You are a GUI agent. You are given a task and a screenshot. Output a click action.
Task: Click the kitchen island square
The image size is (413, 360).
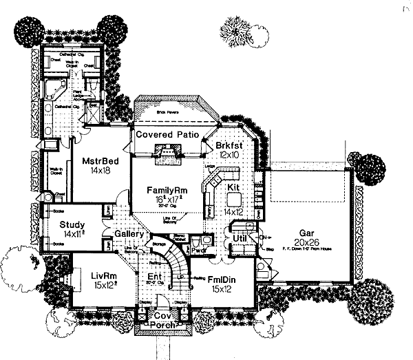point(234,199)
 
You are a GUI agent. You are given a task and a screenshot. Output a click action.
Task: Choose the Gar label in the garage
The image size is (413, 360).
point(307,233)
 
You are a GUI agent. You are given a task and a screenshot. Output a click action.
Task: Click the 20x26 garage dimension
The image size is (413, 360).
point(307,243)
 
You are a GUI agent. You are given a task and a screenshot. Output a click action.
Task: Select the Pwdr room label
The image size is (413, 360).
point(199,251)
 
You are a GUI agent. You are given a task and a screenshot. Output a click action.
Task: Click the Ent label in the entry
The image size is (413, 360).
point(156,277)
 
